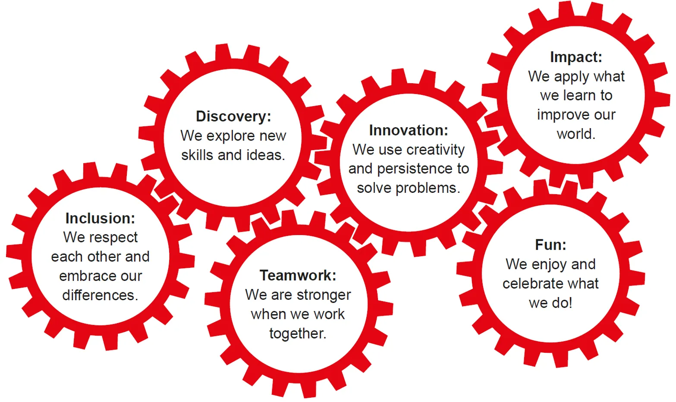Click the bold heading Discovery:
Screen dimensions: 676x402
[x=233, y=117]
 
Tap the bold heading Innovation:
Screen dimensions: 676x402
[x=408, y=130]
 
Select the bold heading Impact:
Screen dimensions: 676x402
[x=576, y=57]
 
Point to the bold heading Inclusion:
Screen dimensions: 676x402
[x=100, y=218]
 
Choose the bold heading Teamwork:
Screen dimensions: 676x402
[x=298, y=275]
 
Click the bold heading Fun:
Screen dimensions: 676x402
[x=550, y=245]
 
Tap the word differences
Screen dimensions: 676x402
[x=100, y=295]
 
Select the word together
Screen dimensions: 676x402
[x=298, y=334]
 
